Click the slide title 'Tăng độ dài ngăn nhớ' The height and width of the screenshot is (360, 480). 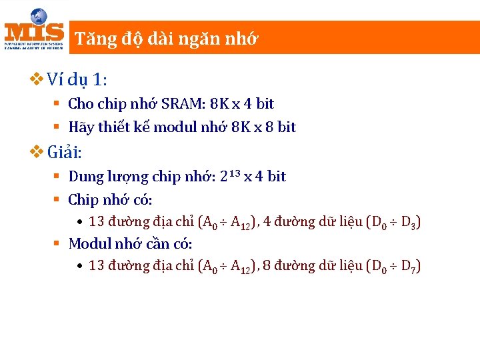pos(166,39)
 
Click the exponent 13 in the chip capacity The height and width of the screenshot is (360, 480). pos(233,173)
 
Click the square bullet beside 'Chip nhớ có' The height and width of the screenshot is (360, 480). pos(57,199)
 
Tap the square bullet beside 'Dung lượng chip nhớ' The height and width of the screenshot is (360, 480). pos(57,177)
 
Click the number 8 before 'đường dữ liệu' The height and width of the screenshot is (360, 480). pos(267,265)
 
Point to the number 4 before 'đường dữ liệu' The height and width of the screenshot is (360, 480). pos(267,222)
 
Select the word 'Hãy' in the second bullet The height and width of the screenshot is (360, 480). pos(81,127)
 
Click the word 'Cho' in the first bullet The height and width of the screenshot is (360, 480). pos(81,104)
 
